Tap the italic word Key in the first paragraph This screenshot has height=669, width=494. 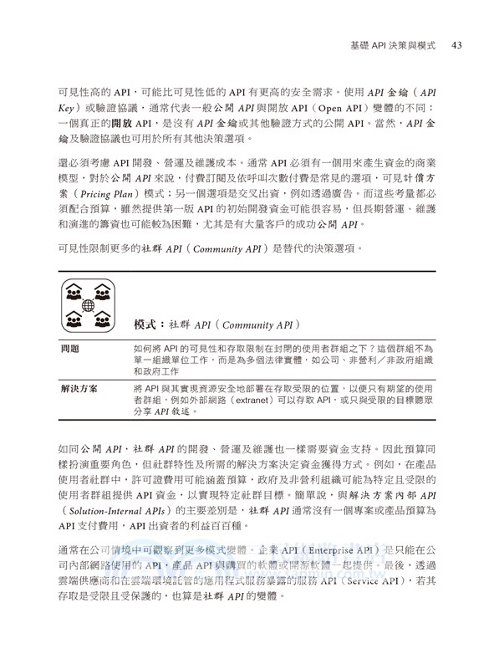70,110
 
